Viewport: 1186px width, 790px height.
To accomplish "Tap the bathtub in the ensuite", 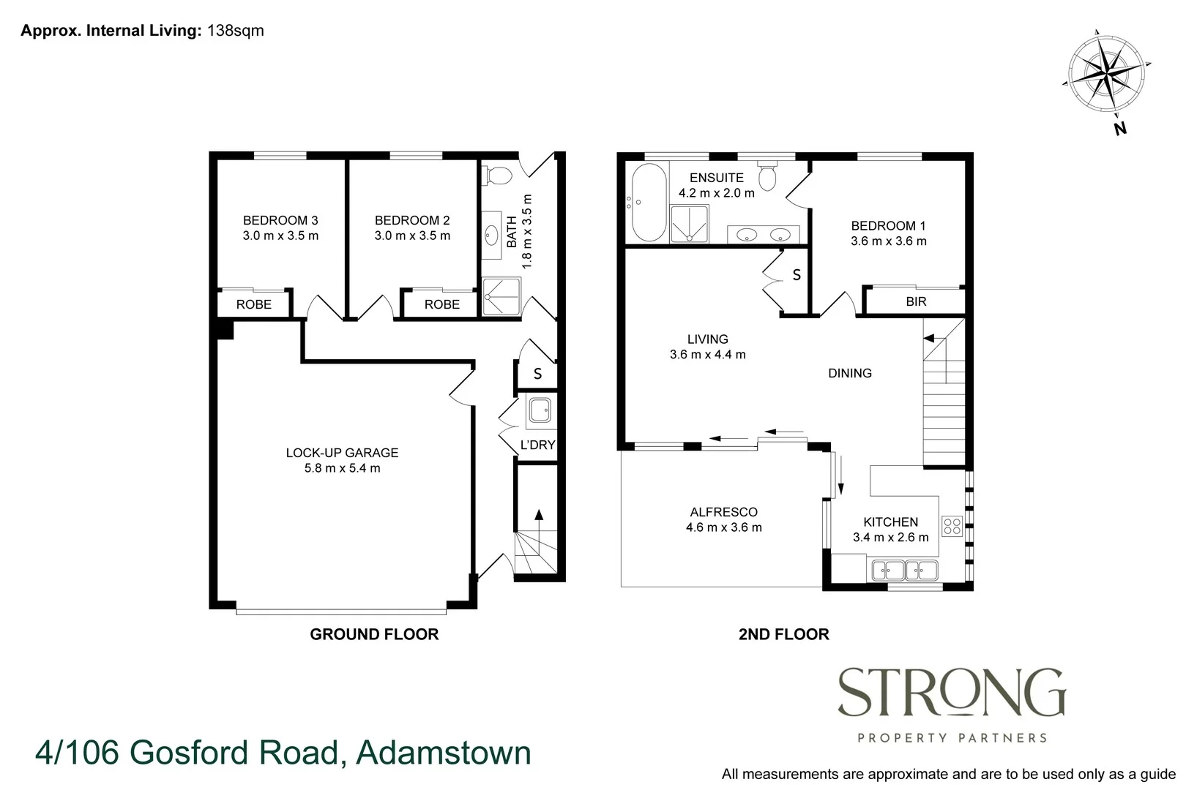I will click(649, 203).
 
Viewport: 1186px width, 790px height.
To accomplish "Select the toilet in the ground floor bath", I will click(499, 176).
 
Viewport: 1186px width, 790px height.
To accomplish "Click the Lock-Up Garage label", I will click(342, 453).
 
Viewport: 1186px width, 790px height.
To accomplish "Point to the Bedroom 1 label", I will click(888, 226).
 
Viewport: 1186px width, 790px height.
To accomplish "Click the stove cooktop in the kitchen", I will click(952, 525).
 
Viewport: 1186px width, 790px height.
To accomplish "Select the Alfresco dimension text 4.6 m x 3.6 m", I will click(723, 527).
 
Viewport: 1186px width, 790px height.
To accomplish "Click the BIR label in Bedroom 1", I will click(916, 301).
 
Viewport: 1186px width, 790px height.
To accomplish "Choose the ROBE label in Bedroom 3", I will click(254, 304).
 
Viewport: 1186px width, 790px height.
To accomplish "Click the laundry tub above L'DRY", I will click(540, 411).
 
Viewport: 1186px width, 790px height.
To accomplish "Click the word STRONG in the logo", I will click(951, 693).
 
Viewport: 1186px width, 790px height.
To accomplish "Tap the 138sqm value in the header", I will click(236, 31).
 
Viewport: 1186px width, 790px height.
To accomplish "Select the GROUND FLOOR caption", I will click(374, 634).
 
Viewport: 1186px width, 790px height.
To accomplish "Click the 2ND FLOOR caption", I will click(783, 634).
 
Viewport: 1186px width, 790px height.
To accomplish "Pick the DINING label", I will click(849, 373).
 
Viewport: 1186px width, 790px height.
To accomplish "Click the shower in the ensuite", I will click(690, 224).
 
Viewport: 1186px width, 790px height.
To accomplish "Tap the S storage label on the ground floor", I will click(537, 375).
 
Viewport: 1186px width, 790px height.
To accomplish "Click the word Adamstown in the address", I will click(444, 753).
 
